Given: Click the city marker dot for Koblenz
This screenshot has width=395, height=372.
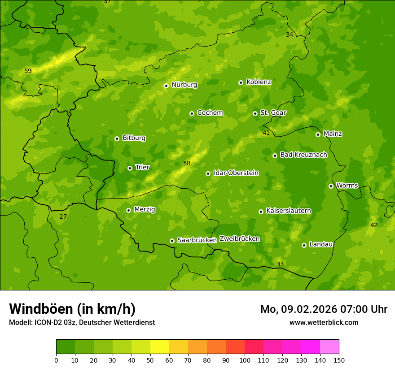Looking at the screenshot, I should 241,82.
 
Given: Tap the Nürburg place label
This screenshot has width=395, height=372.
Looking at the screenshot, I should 184,85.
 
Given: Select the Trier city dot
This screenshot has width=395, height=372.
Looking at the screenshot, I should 130,168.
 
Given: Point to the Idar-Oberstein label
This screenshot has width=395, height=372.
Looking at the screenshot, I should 236,173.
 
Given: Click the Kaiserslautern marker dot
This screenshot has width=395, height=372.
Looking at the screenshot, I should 261,212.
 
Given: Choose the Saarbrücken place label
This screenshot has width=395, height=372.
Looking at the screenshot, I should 197,240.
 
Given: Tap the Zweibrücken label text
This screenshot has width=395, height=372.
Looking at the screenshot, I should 239,239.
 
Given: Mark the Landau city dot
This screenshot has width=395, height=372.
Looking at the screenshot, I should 304,245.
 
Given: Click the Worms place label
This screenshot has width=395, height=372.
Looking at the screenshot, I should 347,186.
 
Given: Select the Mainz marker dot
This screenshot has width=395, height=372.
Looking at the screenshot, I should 318,134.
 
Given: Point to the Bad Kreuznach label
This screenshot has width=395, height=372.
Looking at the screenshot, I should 303,155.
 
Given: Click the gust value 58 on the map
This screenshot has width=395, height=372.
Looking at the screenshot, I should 187,164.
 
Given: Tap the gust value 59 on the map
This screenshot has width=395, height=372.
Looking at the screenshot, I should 28,71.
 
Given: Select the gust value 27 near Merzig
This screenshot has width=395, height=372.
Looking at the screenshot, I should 63,217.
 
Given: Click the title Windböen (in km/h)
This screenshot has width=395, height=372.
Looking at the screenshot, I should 72,309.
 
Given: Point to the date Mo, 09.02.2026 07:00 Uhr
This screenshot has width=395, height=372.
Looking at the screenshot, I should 324,309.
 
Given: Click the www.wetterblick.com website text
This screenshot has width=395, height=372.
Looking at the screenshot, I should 324,323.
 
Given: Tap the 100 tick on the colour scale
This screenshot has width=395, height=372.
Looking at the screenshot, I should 245,360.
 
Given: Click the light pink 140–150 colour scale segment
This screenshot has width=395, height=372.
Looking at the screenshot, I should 329,347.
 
